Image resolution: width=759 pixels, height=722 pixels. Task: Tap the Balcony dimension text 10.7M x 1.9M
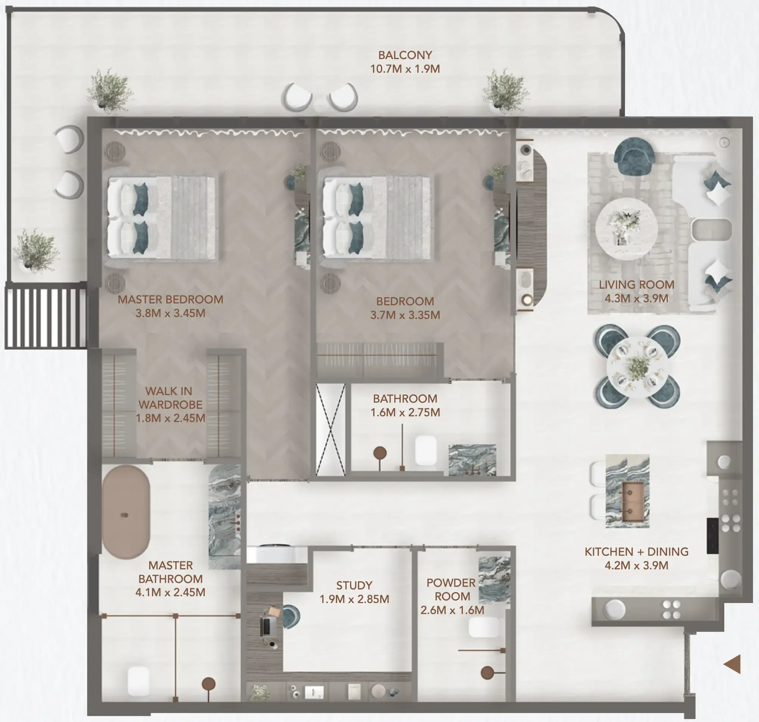pos(405,69)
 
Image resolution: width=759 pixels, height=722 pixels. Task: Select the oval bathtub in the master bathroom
pos(126,512)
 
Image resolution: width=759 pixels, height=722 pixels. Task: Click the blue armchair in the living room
pos(634,155)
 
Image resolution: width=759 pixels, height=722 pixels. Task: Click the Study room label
pos(354,585)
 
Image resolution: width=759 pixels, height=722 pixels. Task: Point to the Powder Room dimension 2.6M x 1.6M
pos(452,610)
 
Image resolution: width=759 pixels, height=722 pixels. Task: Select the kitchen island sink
pos(632,502)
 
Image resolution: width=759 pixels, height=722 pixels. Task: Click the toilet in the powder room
pos(484,627)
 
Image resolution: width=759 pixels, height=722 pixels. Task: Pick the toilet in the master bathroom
pos(139,681)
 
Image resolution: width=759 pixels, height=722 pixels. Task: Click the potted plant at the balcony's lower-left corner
pos(35,250)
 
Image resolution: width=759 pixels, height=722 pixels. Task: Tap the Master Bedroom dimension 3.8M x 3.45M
pos(170,313)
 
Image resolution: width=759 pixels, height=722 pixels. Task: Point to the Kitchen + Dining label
pos(636,552)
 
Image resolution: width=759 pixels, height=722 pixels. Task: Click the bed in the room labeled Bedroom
pos(377,217)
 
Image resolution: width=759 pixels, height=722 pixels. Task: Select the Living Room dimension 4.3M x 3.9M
pos(636,298)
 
